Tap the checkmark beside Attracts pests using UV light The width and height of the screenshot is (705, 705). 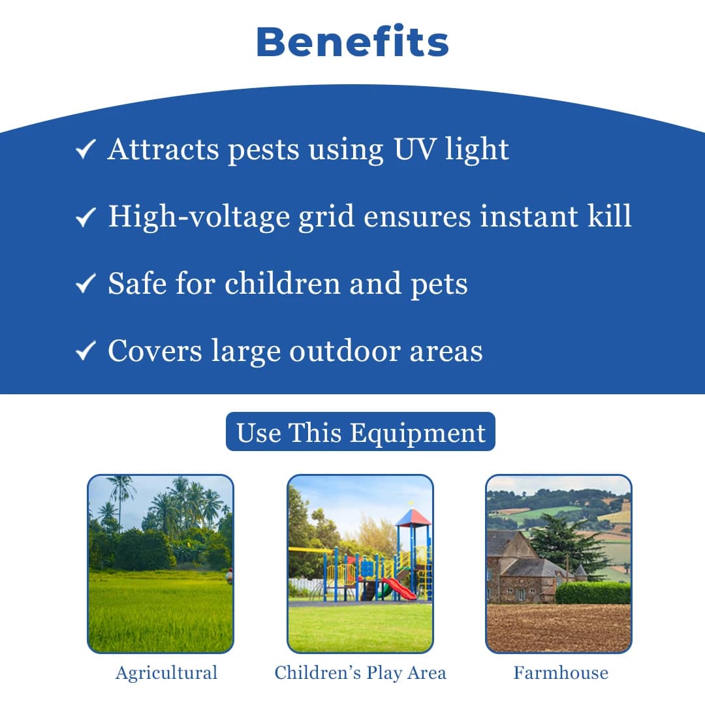tap(86, 149)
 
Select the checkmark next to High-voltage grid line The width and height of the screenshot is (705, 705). tap(86, 217)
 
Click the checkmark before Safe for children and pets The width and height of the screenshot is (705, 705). tap(86, 284)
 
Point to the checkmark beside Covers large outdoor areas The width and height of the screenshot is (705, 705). tap(86, 351)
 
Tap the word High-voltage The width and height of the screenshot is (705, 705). tap(199, 217)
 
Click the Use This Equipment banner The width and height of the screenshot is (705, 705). tap(360, 432)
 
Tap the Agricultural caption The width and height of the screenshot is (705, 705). tap(166, 673)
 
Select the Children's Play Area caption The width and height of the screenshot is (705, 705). tap(360, 673)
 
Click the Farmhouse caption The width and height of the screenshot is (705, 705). tap(560, 673)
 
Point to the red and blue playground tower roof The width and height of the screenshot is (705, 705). tap(413, 518)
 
